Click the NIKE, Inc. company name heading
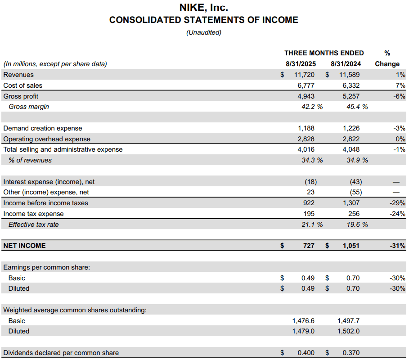(x=204, y=8)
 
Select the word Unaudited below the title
(x=204, y=32)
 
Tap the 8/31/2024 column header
(x=346, y=64)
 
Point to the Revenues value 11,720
(x=304, y=75)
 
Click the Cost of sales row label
(x=23, y=85)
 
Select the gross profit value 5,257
(x=351, y=96)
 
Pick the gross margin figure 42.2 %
(x=312, y=107)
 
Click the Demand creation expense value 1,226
(x=351, y=128)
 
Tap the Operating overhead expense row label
(x=47, y=139)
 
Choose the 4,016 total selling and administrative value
(x=306, y=149)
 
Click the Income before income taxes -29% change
(x=397, y=203)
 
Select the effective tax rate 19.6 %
(x=357, y=225)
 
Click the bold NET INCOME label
(x=24, y=246)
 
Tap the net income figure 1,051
(x=351, y=246)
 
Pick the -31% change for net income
(x=397, y=246)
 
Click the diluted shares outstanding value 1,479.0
(x=303, y=331)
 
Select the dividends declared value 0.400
(x=306, y=353)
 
